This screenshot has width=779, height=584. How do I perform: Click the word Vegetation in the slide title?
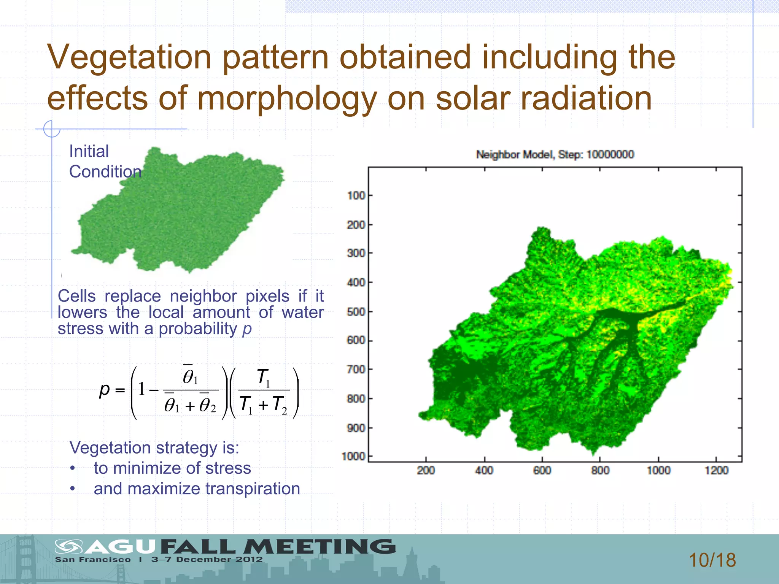pyautogui.click(x=129, y=58)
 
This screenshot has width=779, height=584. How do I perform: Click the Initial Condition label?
pyautogui.click(x=105, y=162)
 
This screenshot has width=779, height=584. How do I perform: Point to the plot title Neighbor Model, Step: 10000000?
pyautogui.click(x=555, y=155)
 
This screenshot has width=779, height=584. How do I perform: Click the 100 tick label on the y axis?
pyautogui.click(x=356, y=196)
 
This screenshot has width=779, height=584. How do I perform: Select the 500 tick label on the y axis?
pyautogui.click(x=356, y=312)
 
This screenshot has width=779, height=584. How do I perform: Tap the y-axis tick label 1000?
pyautogui.click(x=353, y=456)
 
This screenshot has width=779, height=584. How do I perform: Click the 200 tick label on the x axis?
pyautogui.click(x=426, y=471)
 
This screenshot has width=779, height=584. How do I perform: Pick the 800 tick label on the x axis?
pyautogui.click(x=600, y=471)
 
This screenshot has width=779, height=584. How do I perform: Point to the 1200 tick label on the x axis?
pyautogui.click(x=716, y=471)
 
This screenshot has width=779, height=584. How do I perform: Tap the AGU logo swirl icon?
pyautogui.click(x=68, y=547)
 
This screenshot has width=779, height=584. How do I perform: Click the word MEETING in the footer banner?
pyautogui.click(x=320, y=547)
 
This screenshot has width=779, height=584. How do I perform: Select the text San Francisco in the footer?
pyautogui.click(x=93, y=560)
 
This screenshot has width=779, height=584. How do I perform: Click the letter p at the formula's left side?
pyautogui.click(x=104, y=390)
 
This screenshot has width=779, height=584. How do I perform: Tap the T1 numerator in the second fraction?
pyautogui.click(x=264, y=378)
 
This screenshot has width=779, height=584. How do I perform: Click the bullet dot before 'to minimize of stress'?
pyautogui.click(x=72, y=468)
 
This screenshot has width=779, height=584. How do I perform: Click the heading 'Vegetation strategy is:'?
pyautogui.click(x=154, y=448)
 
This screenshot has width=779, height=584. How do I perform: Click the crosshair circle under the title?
pyautogui.click(x=52, y=129)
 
